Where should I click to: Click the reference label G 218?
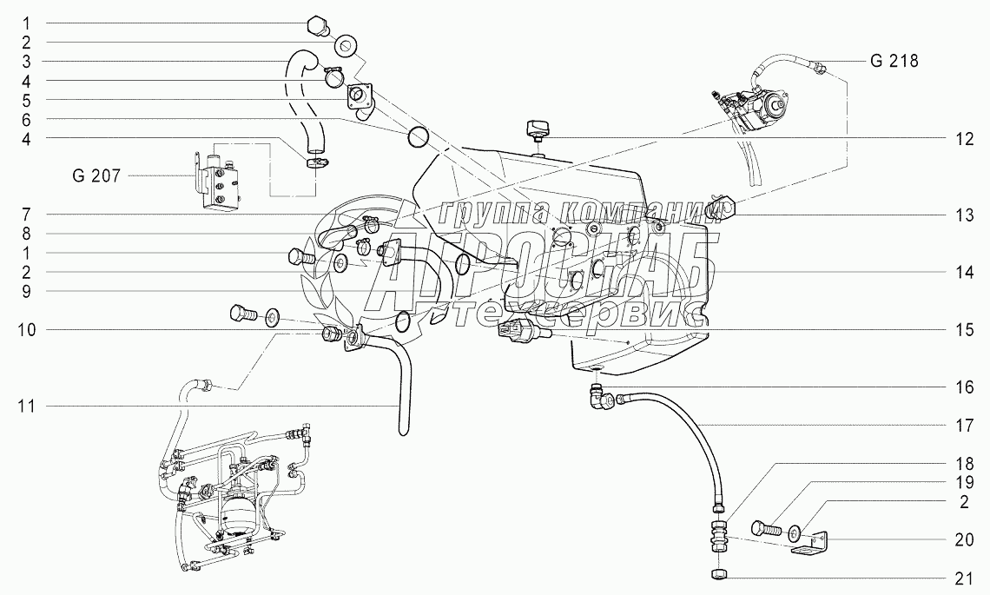coord(894,62)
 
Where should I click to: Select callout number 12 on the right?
coord(960,137)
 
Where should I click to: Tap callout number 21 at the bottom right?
coord(960,578)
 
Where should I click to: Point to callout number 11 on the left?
coord(26,406)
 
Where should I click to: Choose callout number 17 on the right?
coord(960,426)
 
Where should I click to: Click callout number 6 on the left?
coord(26,119)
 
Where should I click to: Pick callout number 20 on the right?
coord(960,539)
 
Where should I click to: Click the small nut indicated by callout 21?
coord(718,575)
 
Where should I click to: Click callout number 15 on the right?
coord(960,330)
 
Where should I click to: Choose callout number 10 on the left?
coord(26,330)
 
